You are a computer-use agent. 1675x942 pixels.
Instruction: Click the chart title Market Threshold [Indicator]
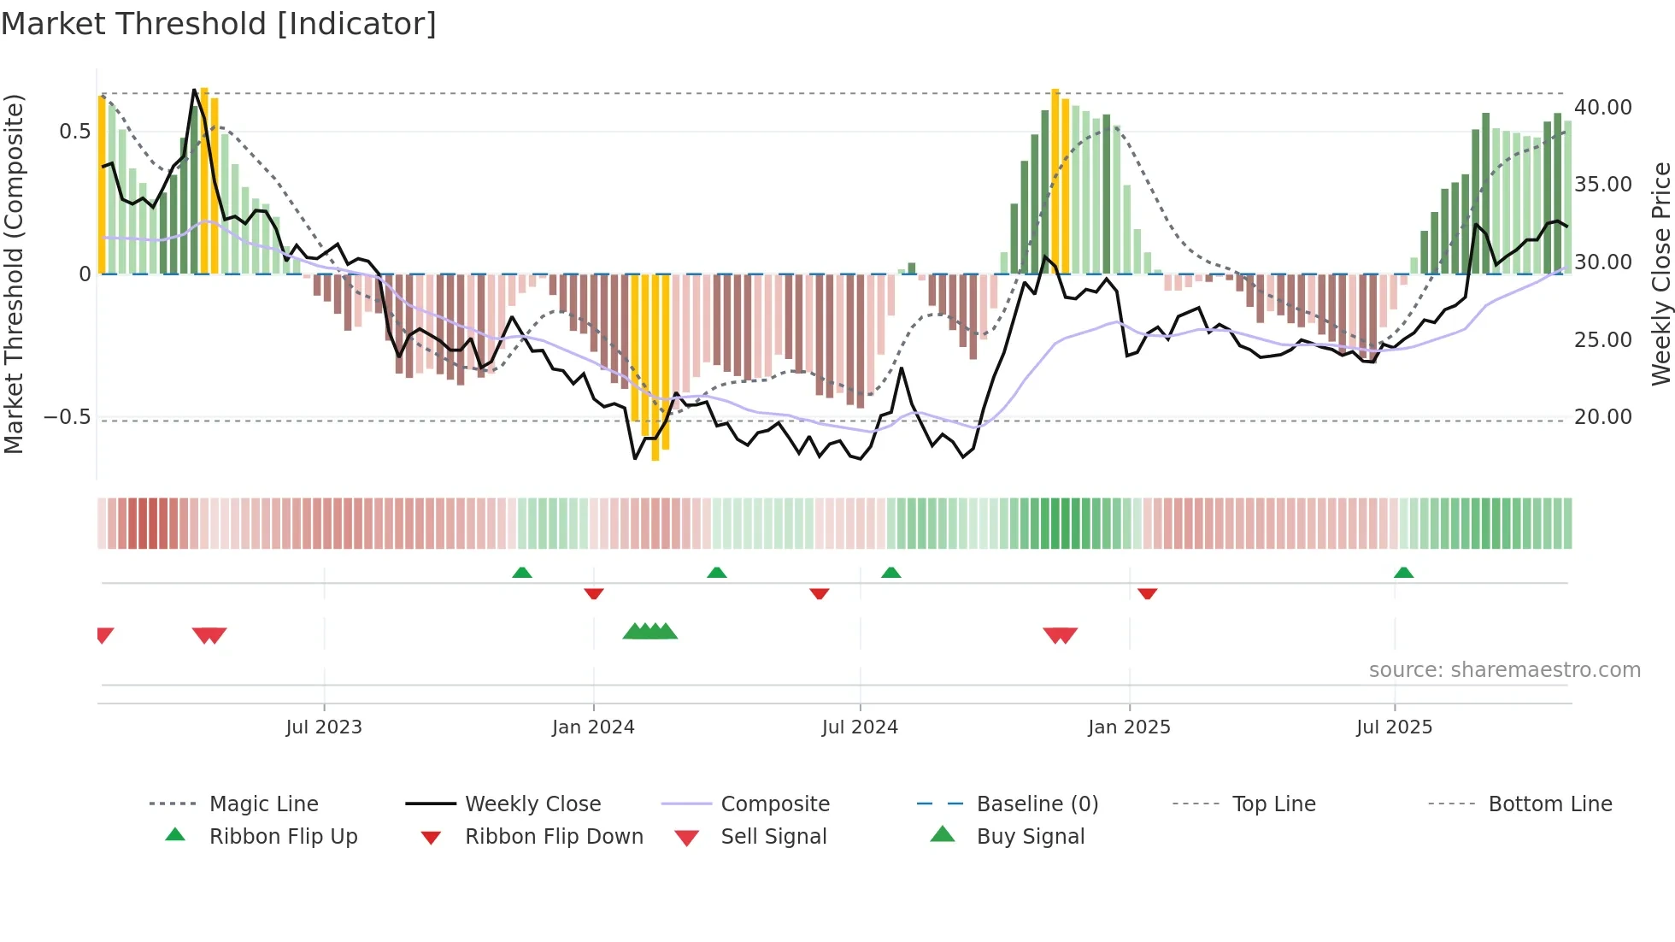(219, 24)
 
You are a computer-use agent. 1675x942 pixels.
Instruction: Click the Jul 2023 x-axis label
(324, 727)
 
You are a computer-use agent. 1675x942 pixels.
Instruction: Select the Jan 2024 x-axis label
(593, 727)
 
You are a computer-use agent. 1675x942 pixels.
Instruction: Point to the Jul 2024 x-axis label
(860, 727)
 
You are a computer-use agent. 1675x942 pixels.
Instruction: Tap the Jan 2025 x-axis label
(1129, 727)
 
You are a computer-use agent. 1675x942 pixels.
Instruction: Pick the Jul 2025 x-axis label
(1394, 727)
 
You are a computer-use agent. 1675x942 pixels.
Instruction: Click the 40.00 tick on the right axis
(1603, 108)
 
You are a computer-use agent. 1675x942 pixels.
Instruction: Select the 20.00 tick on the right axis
(1603, 417)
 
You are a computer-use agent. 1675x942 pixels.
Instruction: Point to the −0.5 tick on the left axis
(67, 417)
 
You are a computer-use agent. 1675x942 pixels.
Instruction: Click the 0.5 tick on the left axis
(74, 132)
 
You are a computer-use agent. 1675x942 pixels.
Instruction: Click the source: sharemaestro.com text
(1504, 670)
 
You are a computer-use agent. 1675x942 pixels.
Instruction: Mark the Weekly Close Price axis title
(1660, 274)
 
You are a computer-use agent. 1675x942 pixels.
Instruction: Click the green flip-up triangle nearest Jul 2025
(1403, 573)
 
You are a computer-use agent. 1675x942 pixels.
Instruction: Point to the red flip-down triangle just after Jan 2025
(1148, 593)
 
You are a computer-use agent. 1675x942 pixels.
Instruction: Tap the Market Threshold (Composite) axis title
(14, 274)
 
